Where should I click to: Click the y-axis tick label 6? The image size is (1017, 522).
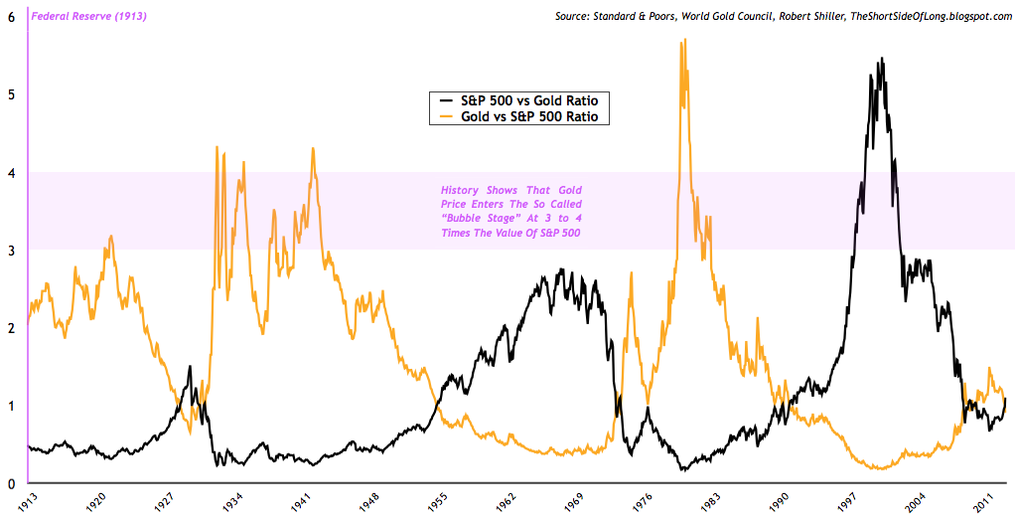point(10,17)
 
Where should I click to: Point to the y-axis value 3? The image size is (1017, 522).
point(10,250)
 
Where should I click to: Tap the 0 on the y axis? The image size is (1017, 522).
point(10,483)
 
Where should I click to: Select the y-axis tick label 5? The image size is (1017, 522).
point(10,94)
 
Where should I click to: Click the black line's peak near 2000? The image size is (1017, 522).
point(882,59)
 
